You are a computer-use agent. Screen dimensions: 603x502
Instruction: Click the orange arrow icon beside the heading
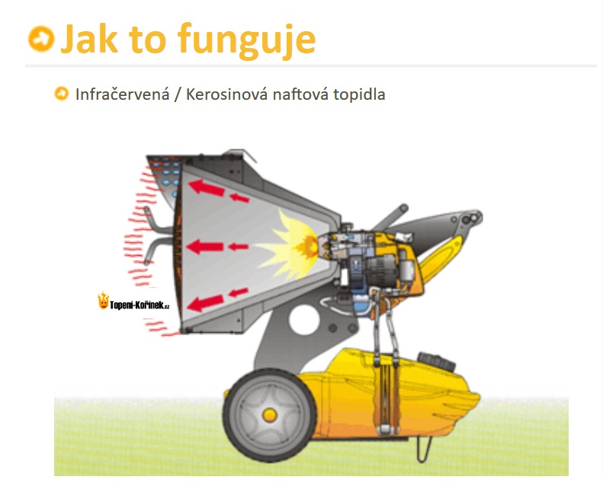[x=41, y=38]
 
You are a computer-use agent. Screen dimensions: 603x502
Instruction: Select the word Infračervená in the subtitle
[x=122, y=94]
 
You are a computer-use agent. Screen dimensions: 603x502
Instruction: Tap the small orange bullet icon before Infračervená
[x=62, y=94]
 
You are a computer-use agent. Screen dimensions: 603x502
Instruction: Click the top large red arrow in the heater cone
[x=207, y=187]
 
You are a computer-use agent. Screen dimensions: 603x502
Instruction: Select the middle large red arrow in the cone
[x=205, y=246]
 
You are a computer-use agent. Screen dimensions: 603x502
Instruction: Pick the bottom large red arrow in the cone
[x=206, y=303]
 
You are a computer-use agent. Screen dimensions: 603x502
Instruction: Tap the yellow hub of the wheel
[x=270, y=415]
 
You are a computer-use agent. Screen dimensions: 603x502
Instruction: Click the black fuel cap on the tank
[x=437, y=361]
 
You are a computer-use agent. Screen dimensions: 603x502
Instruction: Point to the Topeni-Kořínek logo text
[x=140, y=305]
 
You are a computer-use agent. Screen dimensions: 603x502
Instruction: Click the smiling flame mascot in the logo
[x=103, y=301]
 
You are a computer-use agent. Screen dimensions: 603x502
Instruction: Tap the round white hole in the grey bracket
[x=304, y=320]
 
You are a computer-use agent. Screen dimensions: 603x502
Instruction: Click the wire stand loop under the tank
[x=424, y=449]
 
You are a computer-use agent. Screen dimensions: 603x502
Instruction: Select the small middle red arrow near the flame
[x=239, y=246]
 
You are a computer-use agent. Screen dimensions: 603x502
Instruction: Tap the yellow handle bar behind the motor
[x=442, y=256]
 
